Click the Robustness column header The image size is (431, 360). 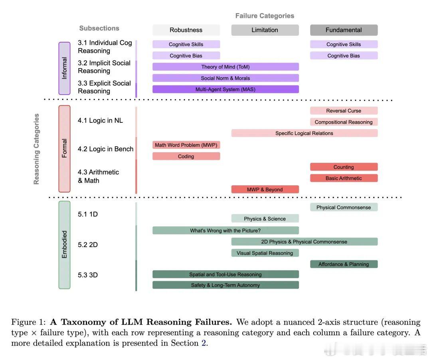186,30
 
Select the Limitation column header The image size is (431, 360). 265,30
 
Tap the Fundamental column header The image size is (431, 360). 344,30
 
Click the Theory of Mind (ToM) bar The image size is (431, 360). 225,67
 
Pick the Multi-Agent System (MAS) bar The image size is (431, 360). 225,89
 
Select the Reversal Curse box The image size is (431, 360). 344,110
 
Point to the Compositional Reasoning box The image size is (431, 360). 344,122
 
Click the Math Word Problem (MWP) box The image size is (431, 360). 186,145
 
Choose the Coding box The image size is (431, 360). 186,156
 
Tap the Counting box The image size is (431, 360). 344,167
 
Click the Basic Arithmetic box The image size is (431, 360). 344,178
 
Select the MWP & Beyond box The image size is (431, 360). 265,189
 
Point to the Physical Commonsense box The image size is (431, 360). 344,207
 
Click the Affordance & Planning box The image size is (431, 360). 344,264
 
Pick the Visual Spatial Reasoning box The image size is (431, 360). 265,253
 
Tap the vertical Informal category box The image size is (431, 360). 64,68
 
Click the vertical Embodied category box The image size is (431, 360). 64,244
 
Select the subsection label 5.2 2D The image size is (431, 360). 88,245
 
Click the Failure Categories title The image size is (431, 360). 265,16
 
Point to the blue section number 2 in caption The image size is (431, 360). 204,343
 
